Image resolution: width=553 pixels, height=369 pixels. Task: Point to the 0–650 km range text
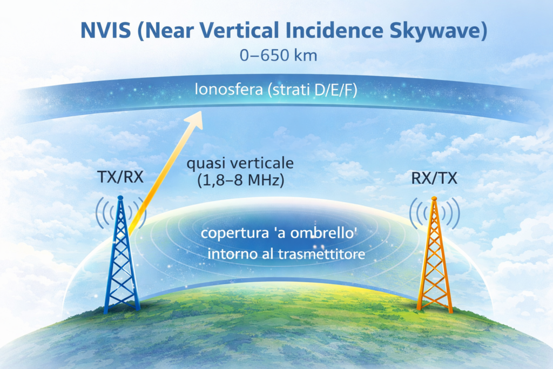pyautogui.click(x=276, y=56)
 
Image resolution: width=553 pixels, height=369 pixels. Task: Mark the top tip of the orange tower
pyautogui.click(x=433, y=199)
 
